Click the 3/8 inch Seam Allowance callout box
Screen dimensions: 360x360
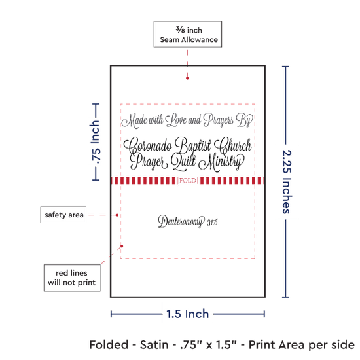(x=188, y=34)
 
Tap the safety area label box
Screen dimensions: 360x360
(x=63, y=215)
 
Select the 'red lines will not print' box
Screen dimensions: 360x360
(x=72, y=278)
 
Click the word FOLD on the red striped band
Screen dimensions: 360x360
(x=188, y=181)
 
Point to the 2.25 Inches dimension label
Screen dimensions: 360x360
(x=287, y=181)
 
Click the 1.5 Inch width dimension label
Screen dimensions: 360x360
(x=188, y=314)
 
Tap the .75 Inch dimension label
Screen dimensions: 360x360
(x=95, y=142)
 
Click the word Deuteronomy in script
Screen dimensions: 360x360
(x=181, y=222)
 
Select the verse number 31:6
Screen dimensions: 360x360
(x=212, y=223)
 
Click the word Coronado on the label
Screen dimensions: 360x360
(x=148, y=146)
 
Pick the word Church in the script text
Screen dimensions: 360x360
(x=233, y=146)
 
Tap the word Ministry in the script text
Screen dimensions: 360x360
(x=221, y=162)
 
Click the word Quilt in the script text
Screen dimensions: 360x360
(x=183, y=162)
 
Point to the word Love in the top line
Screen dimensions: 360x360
(x=176, y=120)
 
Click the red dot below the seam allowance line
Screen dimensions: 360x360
(x=187, y=79)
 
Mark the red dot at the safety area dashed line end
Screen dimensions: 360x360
(x=117, y=215)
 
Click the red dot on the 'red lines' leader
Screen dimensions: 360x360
(x=122, y=246)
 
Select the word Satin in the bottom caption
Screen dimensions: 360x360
(x=154, y=345)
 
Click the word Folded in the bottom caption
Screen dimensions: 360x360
(x=109, y=345)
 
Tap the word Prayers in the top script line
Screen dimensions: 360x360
(x=219, y=120)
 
